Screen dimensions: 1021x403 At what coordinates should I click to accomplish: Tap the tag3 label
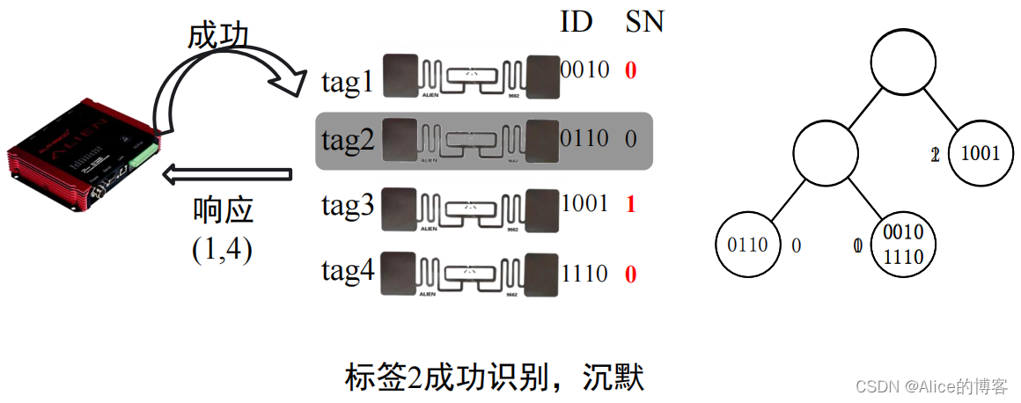pyautogui.click(x=349, y=207)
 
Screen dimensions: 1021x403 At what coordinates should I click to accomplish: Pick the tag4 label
pyautogui.click(x=349, y=272)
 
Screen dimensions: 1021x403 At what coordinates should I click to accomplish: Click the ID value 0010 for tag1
pyautogui.click(x=585, y=70)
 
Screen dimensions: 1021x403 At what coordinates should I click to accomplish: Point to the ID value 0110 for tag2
pyautogui.click(x=585, y=138)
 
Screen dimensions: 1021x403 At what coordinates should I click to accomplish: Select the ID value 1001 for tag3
pyautogui.click(x=585, y=204)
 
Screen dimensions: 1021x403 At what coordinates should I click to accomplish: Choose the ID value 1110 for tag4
pyautogui.click(x=585, y=274)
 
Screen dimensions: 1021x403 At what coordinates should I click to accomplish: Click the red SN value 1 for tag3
pyautogui.click(x=630, y=205)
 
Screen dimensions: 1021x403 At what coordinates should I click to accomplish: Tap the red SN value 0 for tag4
pyautogui.click(x=630, y=275)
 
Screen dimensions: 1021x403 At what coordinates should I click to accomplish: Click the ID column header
pyautogui.click(x=577, y=22)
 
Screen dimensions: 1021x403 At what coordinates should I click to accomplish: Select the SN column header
pyautogui.click(x=643, y=22)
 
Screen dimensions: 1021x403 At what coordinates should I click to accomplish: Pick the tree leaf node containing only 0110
pyautogui.click(x=747, y=245)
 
